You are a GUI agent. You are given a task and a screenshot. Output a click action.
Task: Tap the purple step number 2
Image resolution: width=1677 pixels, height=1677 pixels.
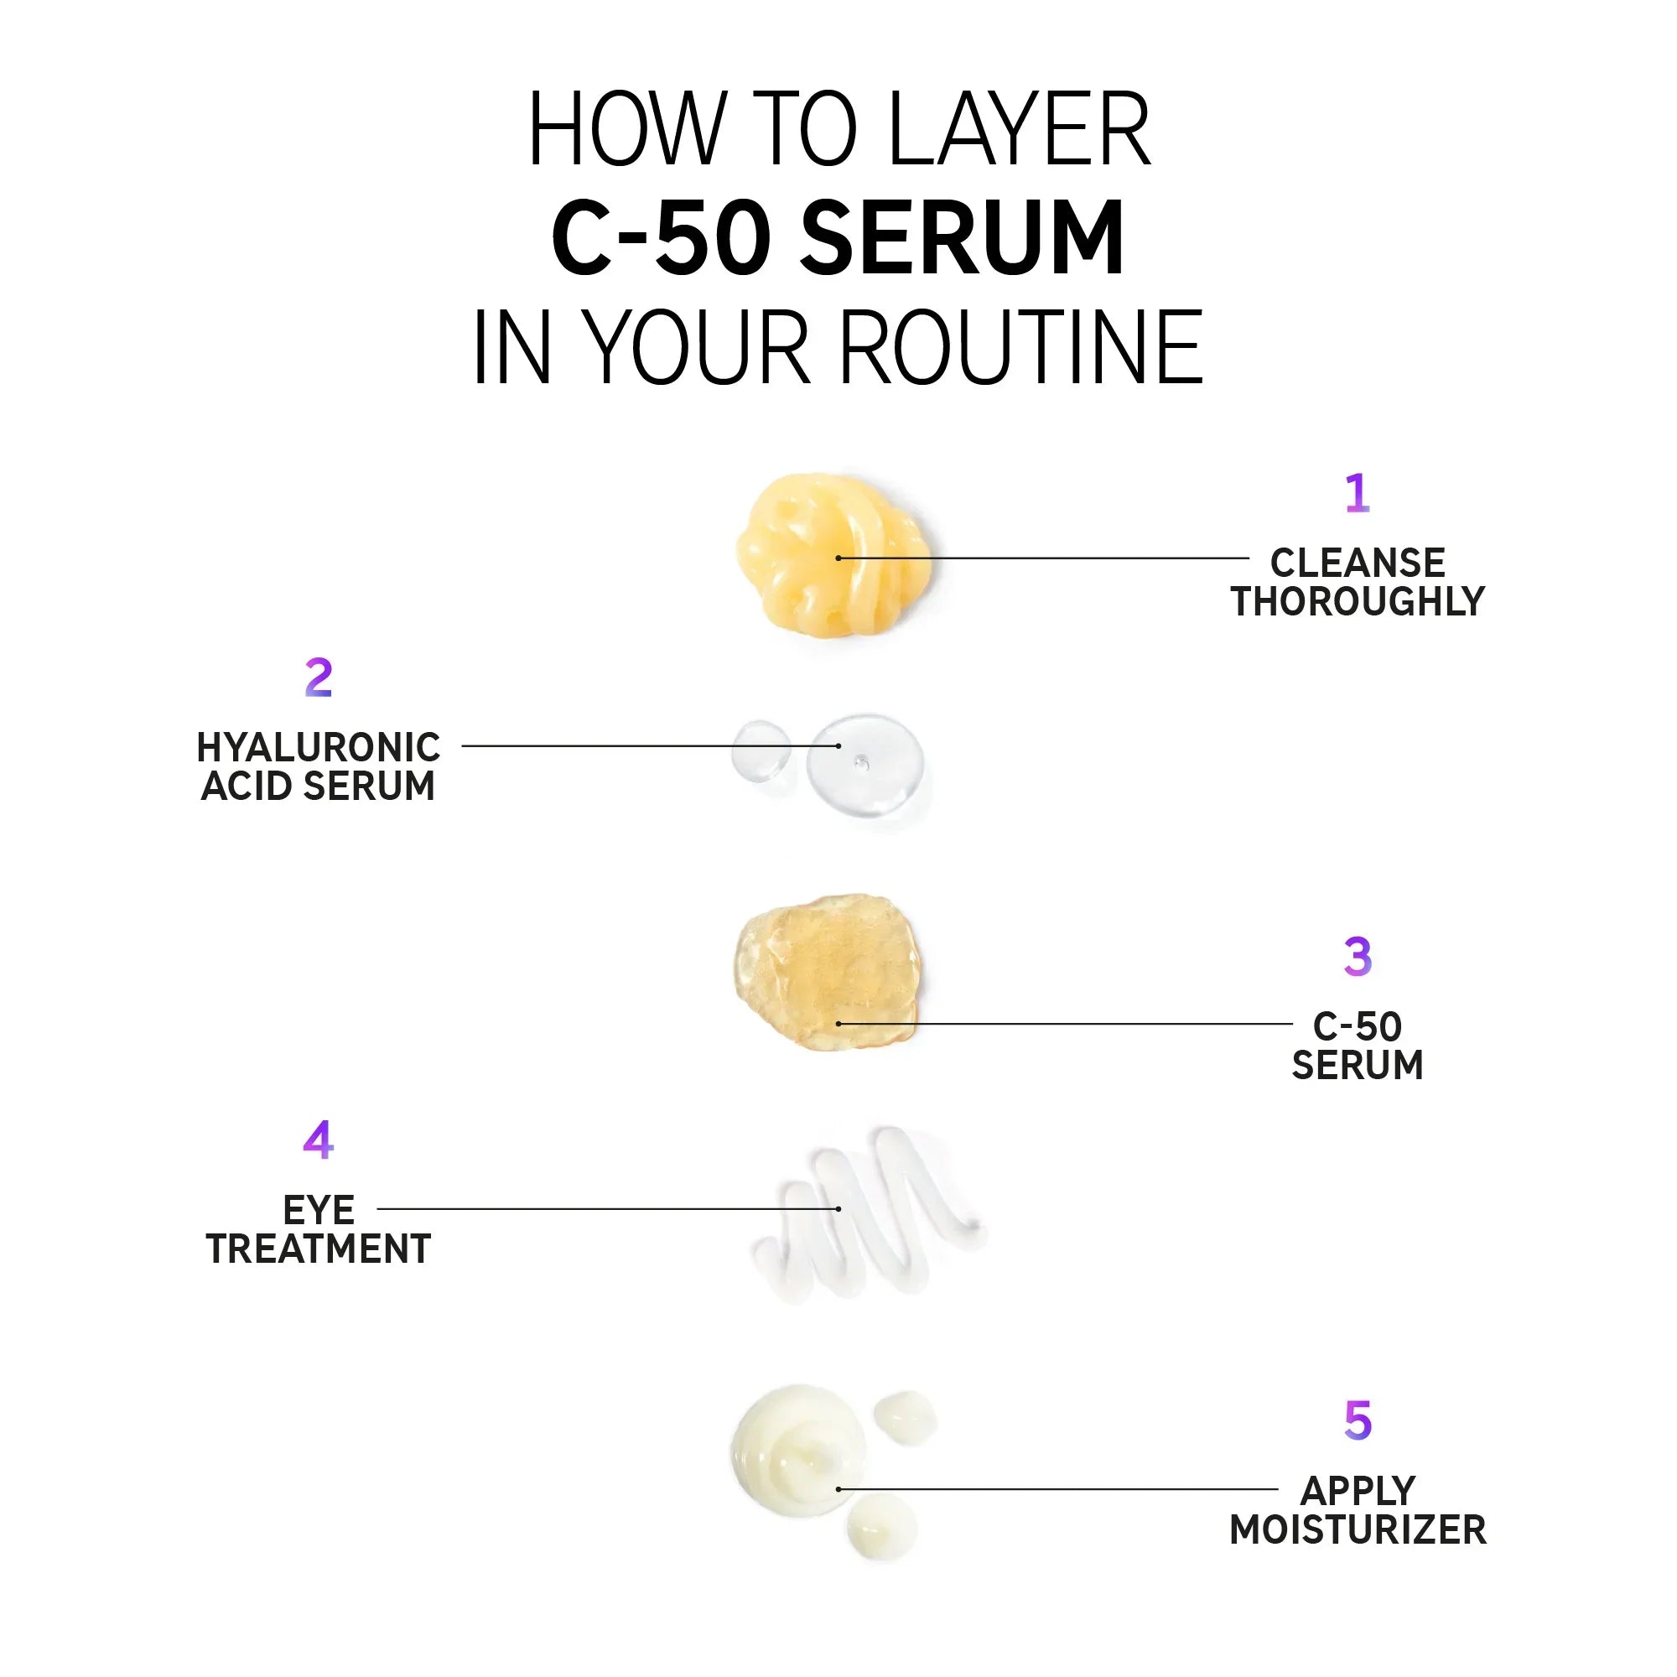[319, 677]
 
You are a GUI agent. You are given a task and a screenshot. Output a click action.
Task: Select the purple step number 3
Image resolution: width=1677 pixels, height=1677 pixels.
[1358, 957]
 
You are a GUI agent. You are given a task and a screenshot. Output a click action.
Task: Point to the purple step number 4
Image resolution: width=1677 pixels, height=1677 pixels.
[319, 1140]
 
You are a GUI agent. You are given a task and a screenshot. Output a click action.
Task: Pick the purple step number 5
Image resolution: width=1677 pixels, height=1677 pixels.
[1358, 1421]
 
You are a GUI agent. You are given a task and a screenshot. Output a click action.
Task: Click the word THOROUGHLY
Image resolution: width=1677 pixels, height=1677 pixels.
[1358, 601]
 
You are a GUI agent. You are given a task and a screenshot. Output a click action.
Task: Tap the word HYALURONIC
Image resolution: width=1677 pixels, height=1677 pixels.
[319, 747]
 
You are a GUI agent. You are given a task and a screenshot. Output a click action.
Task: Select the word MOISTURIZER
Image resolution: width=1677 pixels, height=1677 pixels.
[1358, 1529]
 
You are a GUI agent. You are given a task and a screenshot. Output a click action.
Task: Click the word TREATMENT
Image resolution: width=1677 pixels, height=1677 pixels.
[319, 1249]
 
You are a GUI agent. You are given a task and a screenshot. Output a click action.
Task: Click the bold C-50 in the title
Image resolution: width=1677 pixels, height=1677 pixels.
[661, 237]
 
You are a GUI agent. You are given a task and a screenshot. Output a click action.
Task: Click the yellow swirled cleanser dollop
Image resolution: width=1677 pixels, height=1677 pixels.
[834, 556]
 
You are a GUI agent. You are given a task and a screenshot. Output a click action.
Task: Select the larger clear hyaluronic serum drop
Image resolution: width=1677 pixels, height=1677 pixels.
[864, 764]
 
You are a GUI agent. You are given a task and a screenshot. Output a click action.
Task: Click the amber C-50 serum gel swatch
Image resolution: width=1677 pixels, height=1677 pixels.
[828, 971]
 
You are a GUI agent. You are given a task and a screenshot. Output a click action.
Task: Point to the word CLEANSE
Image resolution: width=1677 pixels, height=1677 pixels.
[1358, 563]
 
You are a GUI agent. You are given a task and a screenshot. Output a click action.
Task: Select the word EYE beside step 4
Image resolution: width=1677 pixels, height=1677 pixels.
[319, 1210]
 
